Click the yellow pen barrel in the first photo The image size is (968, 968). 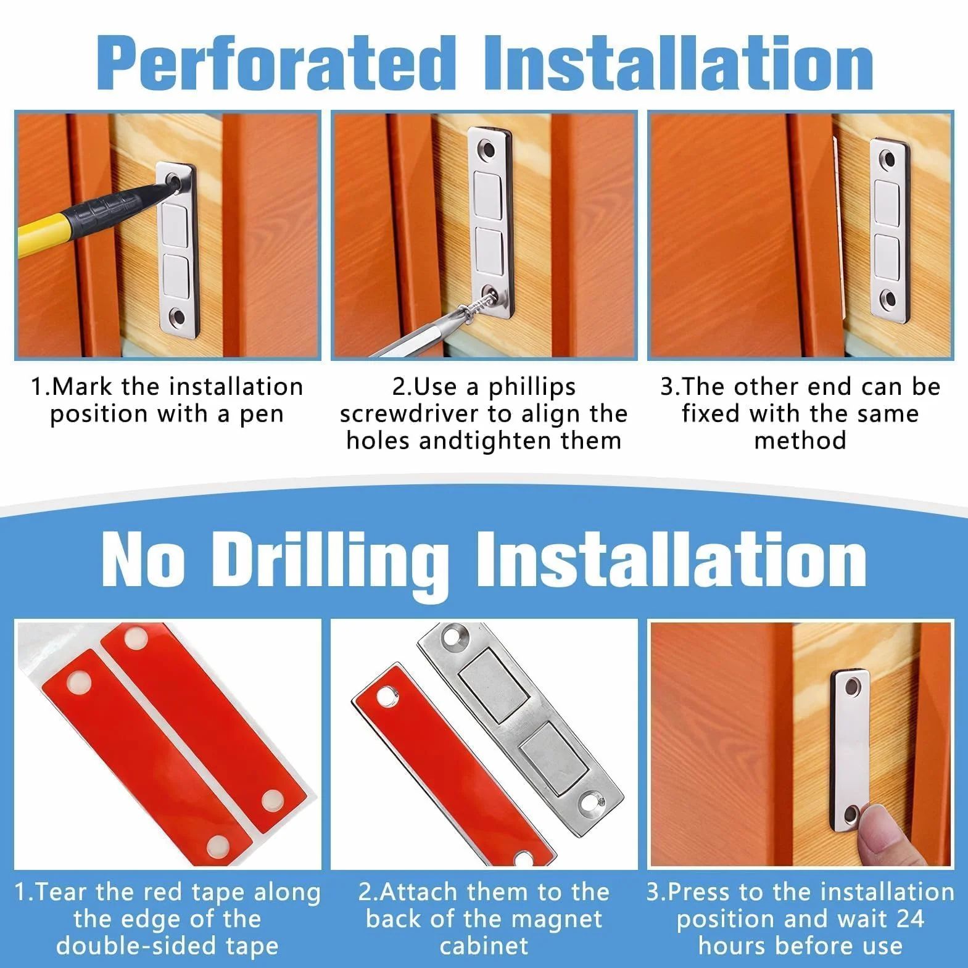click(x=43, y=230)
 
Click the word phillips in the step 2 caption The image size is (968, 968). click(x=532, y=387)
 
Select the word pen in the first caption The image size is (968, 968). click(x=262, y=414)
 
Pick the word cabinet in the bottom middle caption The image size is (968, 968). click(x=484, y=946)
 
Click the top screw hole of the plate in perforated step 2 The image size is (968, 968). click(x=489, y=149)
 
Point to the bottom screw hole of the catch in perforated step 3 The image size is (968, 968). click(x=888, y=300)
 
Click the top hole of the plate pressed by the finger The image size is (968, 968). click(x=854, y=685)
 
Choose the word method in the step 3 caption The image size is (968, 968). click(x=800, y=441)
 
